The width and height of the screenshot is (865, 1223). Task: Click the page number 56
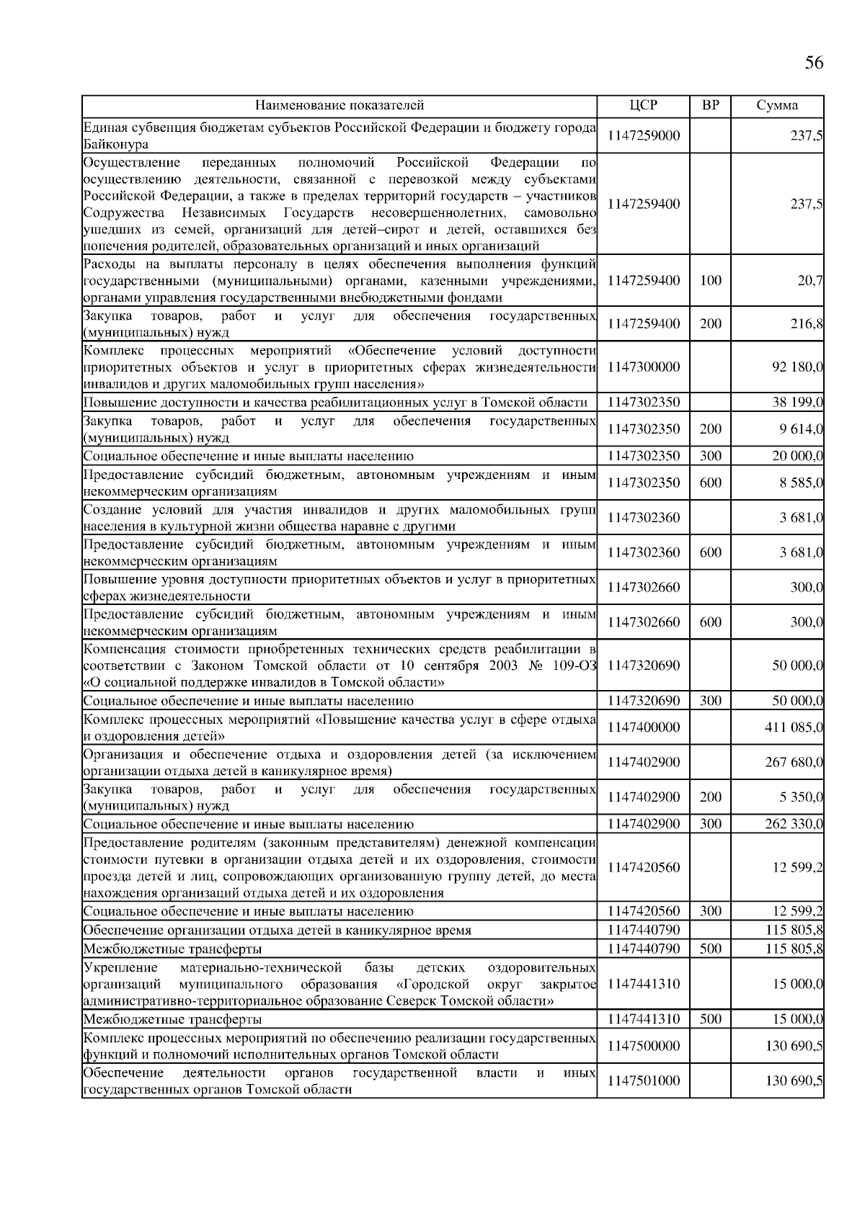tap(813, 63)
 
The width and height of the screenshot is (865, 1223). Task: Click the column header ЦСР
tap(643, 106)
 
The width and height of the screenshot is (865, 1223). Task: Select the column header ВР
tap(710, 106)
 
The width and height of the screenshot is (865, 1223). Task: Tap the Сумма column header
tap(777, 106)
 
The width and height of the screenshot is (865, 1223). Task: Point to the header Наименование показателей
tap(340, 106)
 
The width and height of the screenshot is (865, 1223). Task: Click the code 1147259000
tap(643, 135)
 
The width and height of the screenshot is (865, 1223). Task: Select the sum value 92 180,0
tap(797, 367)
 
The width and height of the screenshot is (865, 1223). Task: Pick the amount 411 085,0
tap(794, 727)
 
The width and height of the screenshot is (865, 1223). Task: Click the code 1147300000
tap(643, 367)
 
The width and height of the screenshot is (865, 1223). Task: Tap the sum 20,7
tap(810, 281)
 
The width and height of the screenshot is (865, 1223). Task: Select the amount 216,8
tap(807, 324)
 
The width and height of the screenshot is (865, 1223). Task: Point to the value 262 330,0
tap(794, 824)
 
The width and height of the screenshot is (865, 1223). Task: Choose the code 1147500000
tap(643, 1046)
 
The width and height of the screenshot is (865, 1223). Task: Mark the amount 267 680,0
tap(794, 762)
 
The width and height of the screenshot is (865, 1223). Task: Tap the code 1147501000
tap(643, 1080)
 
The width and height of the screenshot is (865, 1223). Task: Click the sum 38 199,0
tap(797, 403)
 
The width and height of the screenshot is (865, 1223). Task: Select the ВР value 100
tap(710, 281)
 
